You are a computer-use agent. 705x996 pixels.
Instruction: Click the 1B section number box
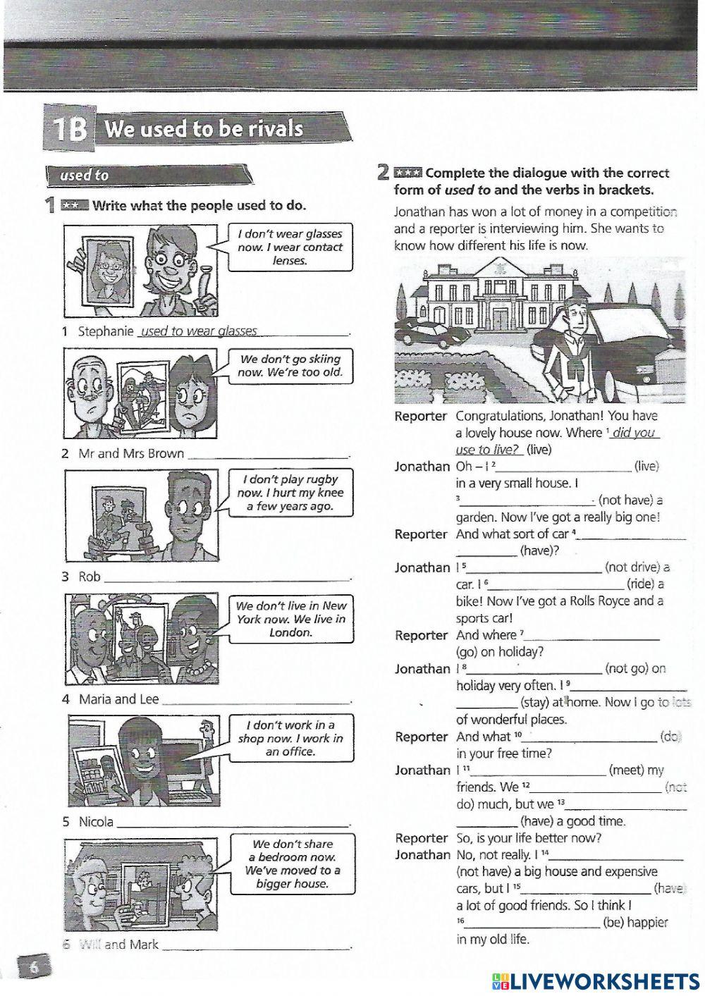[x=68, y=130]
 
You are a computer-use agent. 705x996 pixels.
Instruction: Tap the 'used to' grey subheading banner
[x=148, y=175]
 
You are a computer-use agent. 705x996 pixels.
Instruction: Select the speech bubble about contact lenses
[x=290, y=247]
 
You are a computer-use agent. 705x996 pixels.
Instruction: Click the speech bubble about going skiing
[x=290, y=366]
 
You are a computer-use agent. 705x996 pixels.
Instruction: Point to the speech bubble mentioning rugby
[x=290, y=493]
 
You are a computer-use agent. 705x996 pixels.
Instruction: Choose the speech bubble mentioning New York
[x=290, y=619]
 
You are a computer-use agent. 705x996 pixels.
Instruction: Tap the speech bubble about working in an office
[x=290, y=738]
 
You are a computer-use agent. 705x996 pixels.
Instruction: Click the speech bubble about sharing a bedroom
[x=292, y=863]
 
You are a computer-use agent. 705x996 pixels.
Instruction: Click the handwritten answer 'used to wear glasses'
[x=200, y=331]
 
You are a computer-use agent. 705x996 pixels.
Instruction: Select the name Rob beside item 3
[x=90, y=577]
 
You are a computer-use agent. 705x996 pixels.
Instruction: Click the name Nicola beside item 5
[x=96, y=822]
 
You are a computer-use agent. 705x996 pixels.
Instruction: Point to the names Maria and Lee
[x=118, y=699]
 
